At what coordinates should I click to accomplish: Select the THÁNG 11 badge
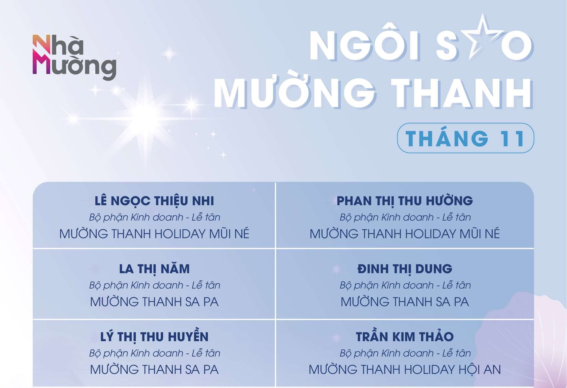(465, 138)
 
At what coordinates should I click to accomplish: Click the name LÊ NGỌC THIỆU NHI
(154, 201)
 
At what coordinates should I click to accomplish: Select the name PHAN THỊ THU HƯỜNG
(405, 201)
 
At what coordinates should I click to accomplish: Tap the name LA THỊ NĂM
(154, 269)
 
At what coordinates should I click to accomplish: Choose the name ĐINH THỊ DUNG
(405, 269)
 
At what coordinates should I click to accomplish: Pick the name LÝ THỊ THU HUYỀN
(154, 337)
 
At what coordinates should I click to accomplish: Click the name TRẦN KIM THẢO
(405, 337)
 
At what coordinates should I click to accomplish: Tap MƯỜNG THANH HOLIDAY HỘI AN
(405, 369)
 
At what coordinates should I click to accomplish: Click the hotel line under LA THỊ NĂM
(154, 302)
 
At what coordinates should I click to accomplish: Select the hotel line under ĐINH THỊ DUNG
(405, 302)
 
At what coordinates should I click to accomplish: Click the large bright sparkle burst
(146, 116)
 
